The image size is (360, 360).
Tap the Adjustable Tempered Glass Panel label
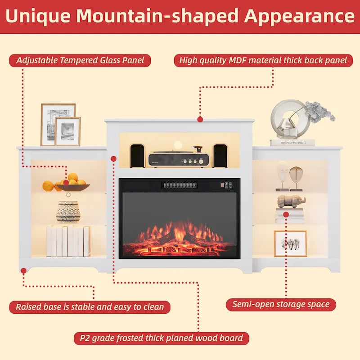pyautogui.click(x=80, y=60)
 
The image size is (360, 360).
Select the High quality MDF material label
pyautogui.click(x=263, y=60)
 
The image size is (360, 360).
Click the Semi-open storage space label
pyautogui.click(x=281, y=304)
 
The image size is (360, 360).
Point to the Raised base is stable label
pyautogui.click(x=90, y=307)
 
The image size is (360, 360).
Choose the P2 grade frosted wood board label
pyautogui.click(x=161, y=338)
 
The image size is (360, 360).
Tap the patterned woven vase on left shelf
pyautogui.click(x=68, y=211)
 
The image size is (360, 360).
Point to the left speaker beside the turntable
pyautogui.click(x=137, y=156)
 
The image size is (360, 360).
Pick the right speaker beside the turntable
pyautogui.click(x=220, y=156)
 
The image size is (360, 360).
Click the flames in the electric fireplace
pyautogui.click(x=180, y=236)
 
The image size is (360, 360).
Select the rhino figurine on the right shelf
pyautogui.click(x=291, y=201)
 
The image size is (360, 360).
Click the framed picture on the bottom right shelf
pyautogui.click(x=290, y=243)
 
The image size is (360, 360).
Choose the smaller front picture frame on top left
pyautogui.click(x=67, y=131)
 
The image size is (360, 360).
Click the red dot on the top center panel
pyautogui.click(x=200, y=119)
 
